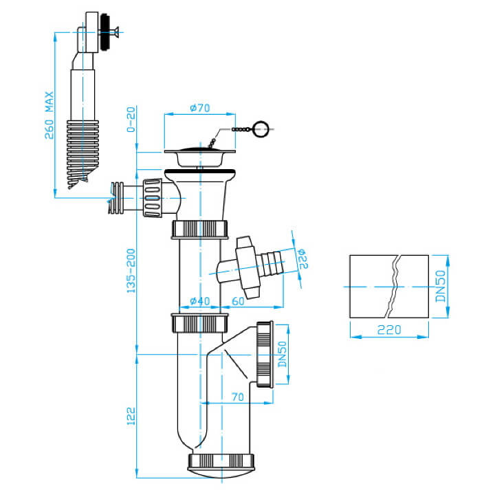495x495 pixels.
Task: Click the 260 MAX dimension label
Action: click(x=49, y=115)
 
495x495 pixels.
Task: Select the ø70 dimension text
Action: click(x=200, y=108)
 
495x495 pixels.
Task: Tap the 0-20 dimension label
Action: click(x=131, y=120)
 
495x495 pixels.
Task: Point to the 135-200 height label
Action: click(x=131, y=271)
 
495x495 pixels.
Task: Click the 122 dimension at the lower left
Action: click(x=131, y=416)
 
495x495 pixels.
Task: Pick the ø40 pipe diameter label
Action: click(x=200, y=301)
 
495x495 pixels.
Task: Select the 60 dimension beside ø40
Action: click(x=238, y=301)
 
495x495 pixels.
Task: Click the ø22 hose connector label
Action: click(x=302, y=259)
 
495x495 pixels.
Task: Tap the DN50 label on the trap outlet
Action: click(x=282, y=354)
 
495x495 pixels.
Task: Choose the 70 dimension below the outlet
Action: click(x=237, y=397)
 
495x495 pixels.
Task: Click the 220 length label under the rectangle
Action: click(x=389, y=330)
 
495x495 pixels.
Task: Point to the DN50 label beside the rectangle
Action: click(x=440, y=286)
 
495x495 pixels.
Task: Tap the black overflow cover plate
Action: click(x=104, y=33)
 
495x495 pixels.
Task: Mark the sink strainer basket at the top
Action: click(x=200, y=157)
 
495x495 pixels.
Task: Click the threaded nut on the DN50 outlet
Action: click(x=264, y=354)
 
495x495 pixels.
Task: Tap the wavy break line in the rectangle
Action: click(x=393, y=286)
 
